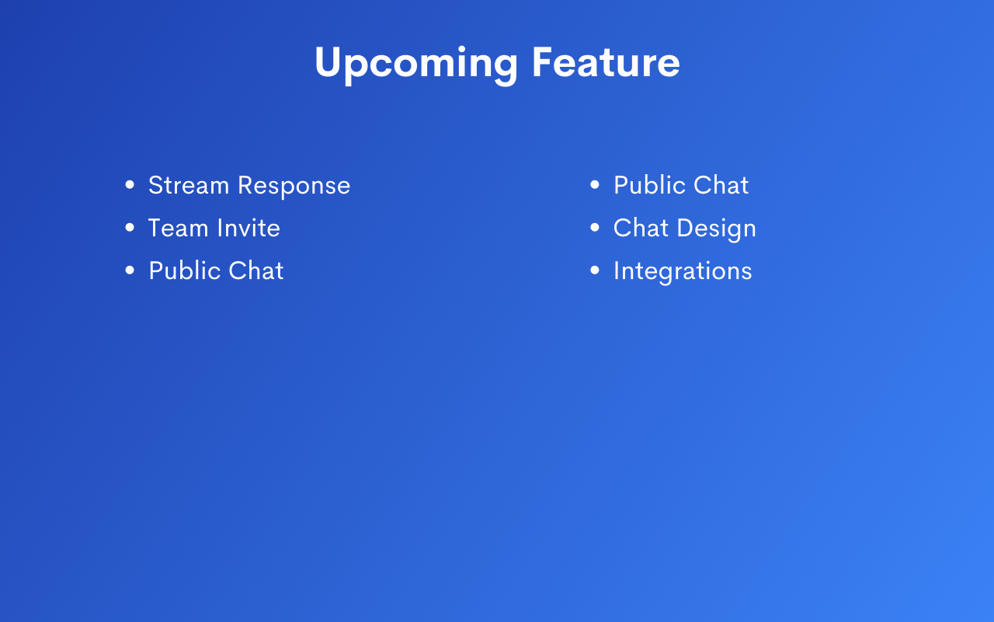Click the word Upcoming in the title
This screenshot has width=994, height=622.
point(416,65)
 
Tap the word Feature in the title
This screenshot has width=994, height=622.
point(606,62)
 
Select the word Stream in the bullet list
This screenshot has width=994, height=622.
point(189,185)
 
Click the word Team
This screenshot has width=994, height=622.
point(178,228)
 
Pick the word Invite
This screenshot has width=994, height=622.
point(248,228)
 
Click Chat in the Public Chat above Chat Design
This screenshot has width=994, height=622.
point(721,185)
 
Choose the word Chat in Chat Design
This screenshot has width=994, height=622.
point(641,228)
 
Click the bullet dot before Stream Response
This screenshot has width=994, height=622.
point(130,184)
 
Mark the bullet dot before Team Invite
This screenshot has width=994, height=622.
point(130,228)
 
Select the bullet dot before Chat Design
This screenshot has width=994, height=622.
point(595,228)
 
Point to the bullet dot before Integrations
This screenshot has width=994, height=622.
point(595,270)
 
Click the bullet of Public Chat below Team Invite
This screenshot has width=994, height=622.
point(130,270)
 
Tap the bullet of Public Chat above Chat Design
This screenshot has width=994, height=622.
point(595,184)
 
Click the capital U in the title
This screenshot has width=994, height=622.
point(328,62)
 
